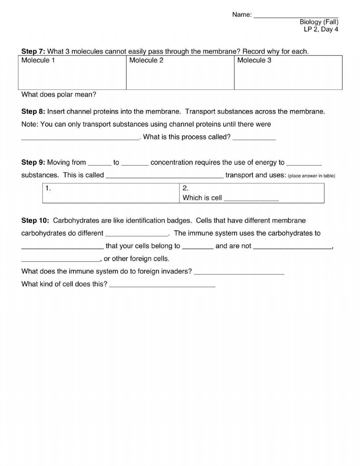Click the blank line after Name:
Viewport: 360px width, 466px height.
[296, 15]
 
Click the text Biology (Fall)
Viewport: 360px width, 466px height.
[319, 22]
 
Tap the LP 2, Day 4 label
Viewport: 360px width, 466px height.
[321, 30]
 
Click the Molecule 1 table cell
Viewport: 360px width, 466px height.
[72, 72]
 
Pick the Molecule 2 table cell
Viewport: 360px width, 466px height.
[180, 72]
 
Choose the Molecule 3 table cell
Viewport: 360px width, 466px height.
[288, 72]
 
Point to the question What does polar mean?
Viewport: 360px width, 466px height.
[59, 95]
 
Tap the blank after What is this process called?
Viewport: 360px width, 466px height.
[254, 137]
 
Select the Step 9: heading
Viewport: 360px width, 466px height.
[33, 162]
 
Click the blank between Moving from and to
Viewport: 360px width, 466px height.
[99, 163]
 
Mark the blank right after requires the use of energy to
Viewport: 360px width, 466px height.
[304, 163]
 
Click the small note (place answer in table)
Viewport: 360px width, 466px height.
[311, 176]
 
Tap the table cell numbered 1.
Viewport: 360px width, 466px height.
[111, 193]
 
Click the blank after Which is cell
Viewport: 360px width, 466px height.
[251, 198]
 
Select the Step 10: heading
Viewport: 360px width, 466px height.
[35, 220]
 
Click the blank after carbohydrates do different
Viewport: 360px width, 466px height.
[137, 234]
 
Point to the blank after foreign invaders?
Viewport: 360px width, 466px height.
[239, 272]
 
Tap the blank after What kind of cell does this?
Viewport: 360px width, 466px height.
[162, 284]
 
